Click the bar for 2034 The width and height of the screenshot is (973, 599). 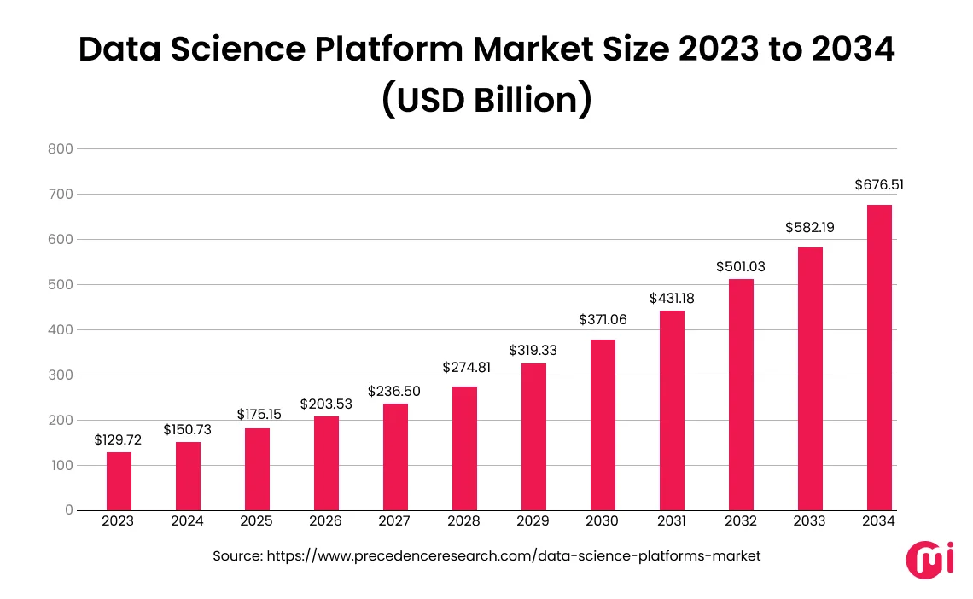coord(879,358)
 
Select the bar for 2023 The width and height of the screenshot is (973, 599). coord(119,481)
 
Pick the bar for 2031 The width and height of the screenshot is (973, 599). coord(672,410)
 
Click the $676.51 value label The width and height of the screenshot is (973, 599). coord(879,184)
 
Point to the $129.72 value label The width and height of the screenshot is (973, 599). coord(118,439)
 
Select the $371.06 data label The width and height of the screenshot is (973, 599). coord(603,319)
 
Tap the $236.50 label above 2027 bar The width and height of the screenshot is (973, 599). coord(394,390)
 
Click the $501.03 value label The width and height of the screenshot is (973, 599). coord(741,267)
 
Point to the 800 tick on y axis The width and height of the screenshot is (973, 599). coord(62,149)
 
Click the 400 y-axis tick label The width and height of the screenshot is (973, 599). coord(62,330)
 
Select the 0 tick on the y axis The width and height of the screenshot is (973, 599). coord(68,510)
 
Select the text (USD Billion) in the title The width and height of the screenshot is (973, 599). coord(486,99)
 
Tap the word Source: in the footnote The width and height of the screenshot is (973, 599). coord(237,555)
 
